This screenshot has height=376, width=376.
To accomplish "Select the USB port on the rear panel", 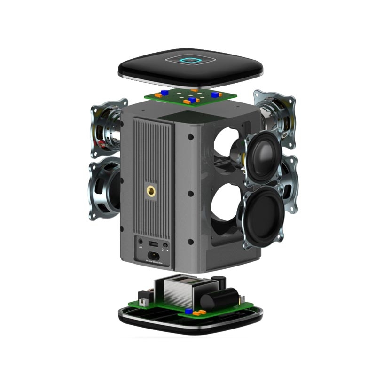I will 153,244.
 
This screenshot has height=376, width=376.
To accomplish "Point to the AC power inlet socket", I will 153,257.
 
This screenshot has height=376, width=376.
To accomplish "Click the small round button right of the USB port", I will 165,245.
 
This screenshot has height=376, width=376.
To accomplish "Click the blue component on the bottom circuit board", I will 188,311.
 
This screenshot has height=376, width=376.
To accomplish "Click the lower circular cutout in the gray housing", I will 225,207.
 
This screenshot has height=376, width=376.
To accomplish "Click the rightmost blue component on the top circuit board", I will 215,94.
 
